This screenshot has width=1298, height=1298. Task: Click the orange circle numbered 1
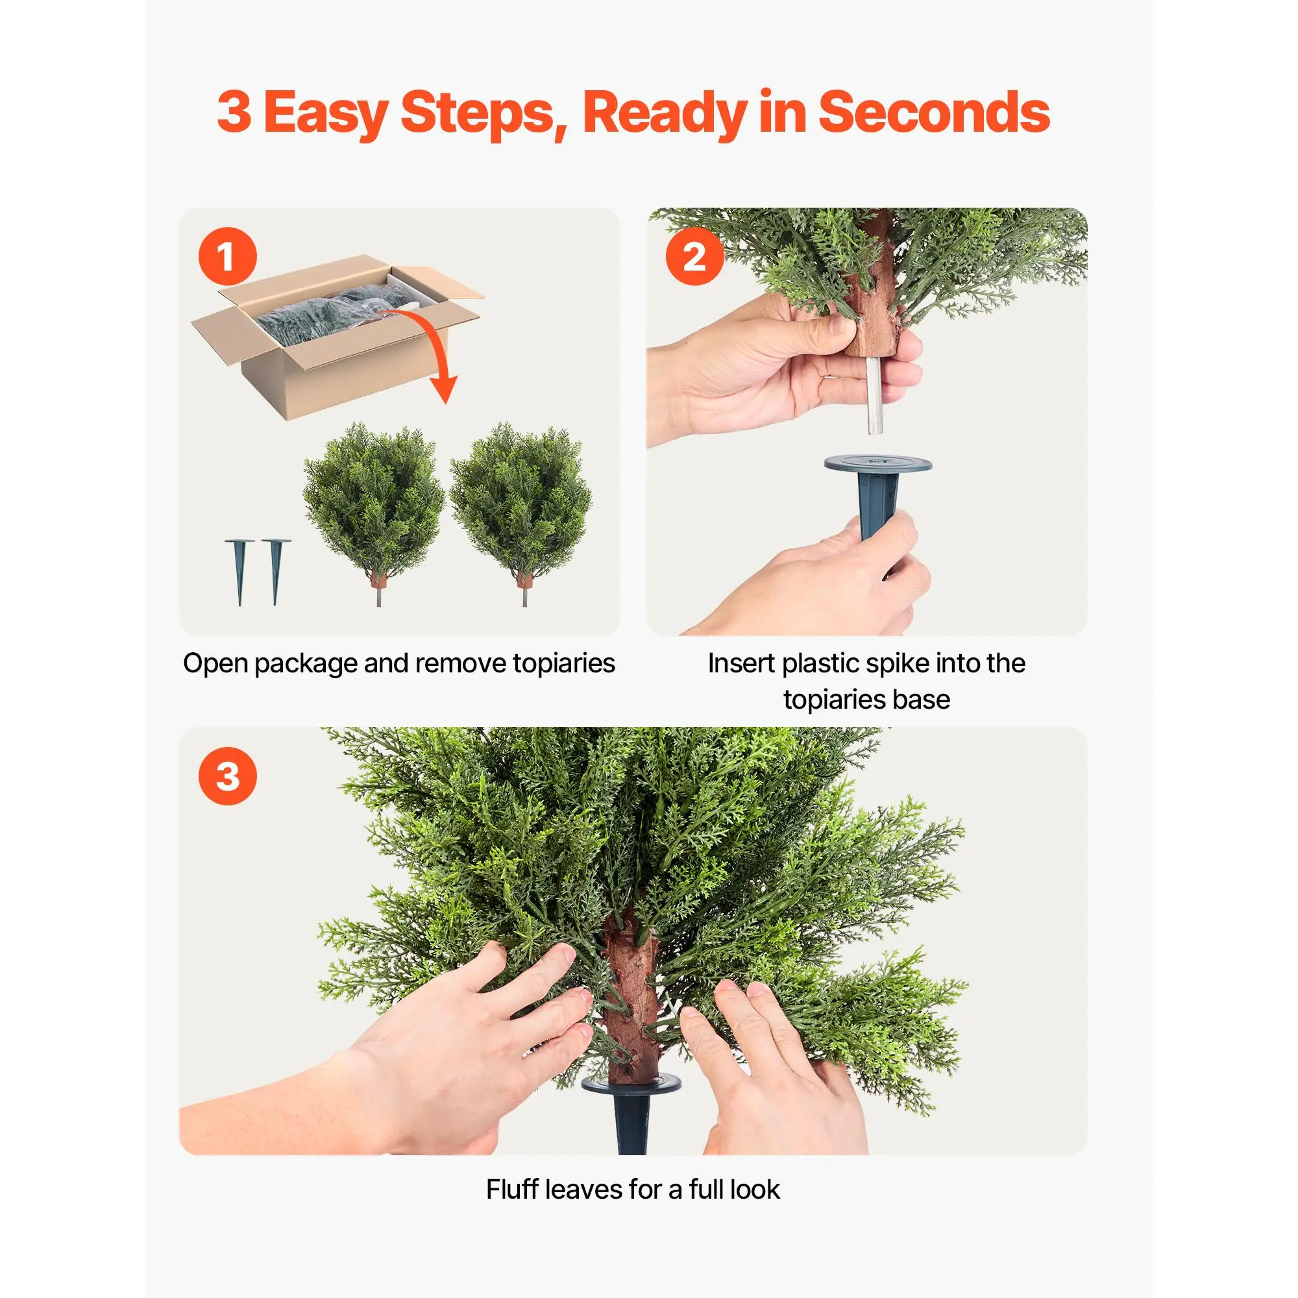[x=227, y=256]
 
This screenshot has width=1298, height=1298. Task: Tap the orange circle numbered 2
[x=694, y=256]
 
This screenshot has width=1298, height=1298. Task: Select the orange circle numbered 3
[x=227, y=776]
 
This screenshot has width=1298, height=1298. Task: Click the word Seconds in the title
[x=934, y=112]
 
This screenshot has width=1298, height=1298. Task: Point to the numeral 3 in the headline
[x=234, y=112]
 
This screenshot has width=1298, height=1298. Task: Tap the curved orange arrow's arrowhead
[x=443, y=388]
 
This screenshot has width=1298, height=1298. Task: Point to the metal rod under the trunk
[x=874, y=396]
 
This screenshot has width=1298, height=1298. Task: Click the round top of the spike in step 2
[x=877, y=463]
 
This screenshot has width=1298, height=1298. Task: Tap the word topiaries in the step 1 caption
[x=564, y=664]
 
